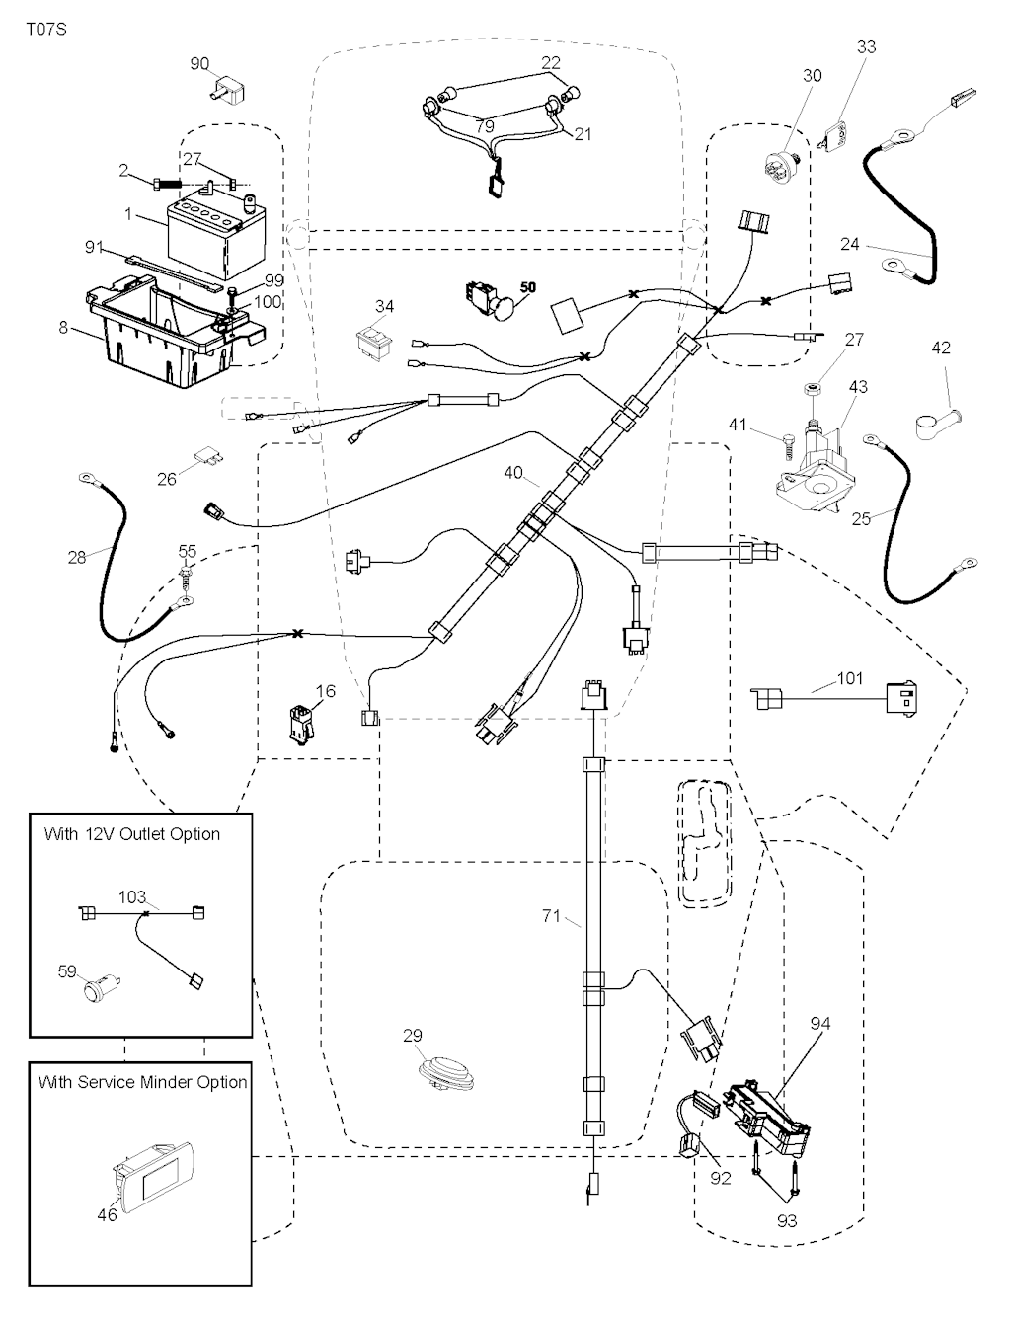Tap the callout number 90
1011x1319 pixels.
[x=200, y=64]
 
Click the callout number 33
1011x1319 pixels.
[x=866, y=47]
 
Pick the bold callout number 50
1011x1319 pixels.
[x=528, y=286]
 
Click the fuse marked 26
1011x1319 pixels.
[x=207, y=457]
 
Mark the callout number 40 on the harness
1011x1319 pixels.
[x=513, y=473]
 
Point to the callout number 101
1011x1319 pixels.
[x=849, y=678]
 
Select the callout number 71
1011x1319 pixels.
[x=552, y=916]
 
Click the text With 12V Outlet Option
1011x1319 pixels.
[x=132, y=834]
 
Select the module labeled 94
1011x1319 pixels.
[x=775, y=1116]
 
